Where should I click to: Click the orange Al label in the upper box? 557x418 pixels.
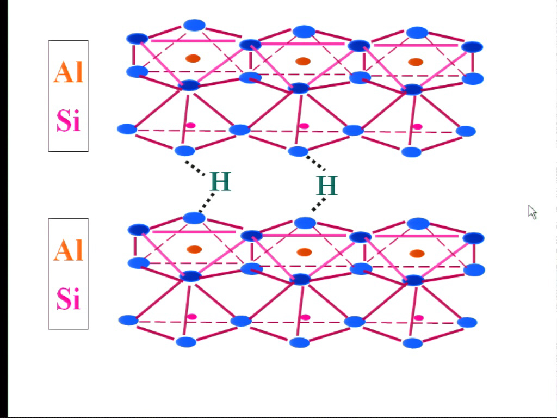click(x=68, y=72)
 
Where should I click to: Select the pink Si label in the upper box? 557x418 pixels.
click(x=69, y=120)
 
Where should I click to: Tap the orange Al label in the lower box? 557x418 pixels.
click(x=68, y=250)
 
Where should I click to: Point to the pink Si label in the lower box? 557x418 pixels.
click(x=69, y=298)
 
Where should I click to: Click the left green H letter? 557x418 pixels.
click(x=221, y=181)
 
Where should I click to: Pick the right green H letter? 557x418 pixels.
click(x=327, y=185)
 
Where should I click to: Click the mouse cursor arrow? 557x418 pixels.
click(x=532, y=213)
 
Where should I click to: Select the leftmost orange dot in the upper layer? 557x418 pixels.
click(x=193, y=58)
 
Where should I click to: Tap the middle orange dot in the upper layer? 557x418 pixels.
click(x=303, y=61)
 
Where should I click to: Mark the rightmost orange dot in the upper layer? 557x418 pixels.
click(x=416, y=62)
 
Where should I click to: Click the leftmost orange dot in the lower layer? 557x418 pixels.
click(x=194, y=249)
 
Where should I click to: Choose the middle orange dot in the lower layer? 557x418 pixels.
click(x=304, y=253)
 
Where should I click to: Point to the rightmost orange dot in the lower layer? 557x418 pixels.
click(x=417, y=254)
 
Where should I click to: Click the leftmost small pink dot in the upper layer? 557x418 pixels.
click(x=191, y=126)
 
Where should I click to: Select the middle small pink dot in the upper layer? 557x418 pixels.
click(x=304, y=126)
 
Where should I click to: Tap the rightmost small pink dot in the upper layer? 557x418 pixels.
click(x=417, y=127)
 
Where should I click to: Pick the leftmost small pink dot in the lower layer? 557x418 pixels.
click(x=192, y=317)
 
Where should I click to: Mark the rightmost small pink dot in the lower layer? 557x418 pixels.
click(x=419, y=318)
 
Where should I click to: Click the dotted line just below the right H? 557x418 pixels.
click(x=319, y=204)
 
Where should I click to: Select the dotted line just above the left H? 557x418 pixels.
click(x=195, y=168)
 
